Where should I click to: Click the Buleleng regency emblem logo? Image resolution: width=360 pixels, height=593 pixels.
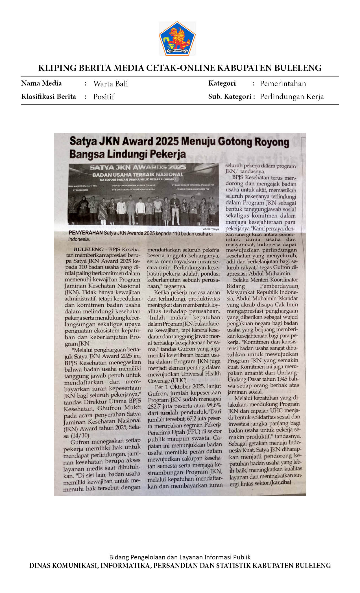(177, 38)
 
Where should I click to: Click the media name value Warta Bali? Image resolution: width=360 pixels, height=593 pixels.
(111, 84)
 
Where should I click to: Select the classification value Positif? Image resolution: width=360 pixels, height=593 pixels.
(104, 97)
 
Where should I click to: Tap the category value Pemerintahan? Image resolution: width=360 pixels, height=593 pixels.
(283, 84)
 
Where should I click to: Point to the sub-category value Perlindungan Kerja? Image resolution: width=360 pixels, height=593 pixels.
(292, 97)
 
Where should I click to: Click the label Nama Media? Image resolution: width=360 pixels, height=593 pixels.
(42, 83)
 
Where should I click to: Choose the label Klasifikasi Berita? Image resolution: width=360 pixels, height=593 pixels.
(49, 97)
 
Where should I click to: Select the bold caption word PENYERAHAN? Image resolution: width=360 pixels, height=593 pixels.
(86, 233)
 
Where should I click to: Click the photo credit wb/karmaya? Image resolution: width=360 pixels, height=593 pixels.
(210, 229)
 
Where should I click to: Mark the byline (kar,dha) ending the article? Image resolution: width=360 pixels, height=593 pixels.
(280, 482)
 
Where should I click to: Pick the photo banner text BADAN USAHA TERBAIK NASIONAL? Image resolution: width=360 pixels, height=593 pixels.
(138, 175)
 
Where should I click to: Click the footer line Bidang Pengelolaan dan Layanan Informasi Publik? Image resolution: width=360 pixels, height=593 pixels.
(180, 557)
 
